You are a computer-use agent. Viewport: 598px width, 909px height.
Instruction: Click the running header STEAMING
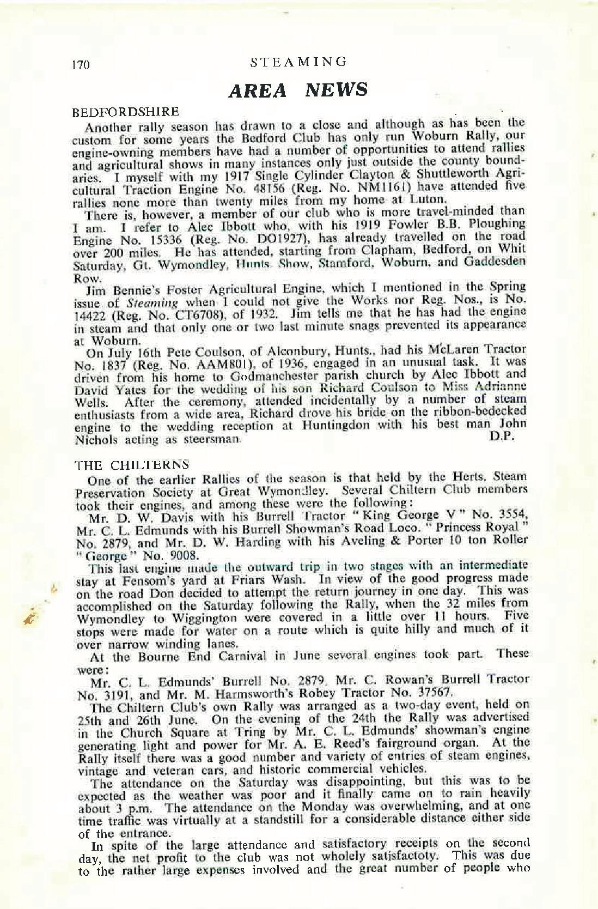[298, 62]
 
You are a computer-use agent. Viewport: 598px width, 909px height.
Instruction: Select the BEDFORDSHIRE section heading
[126, 112]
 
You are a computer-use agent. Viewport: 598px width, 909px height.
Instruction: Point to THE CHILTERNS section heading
[131, 465]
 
